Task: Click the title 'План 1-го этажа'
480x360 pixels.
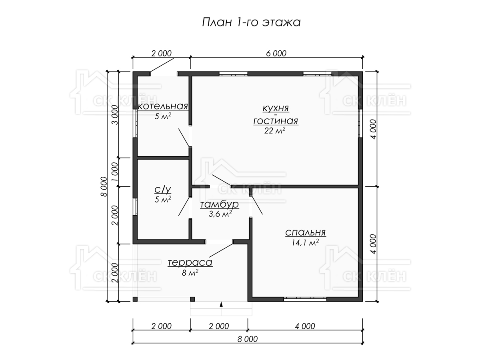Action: tap(251, 22)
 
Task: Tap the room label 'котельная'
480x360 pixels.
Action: tap(163, 106)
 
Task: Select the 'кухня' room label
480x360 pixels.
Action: tap(276, 108)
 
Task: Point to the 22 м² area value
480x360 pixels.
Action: tap(275, 130)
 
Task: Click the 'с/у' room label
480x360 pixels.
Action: tap(163, 190)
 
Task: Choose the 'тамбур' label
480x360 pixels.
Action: tap(219, 204)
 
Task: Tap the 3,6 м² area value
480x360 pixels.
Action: tap(220, 214)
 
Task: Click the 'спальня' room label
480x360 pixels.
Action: tap(306, 232)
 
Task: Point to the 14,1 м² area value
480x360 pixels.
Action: tap(305, 242)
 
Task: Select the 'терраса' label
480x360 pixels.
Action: tap(190, 262)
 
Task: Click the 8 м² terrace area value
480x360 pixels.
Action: tap(190, 272)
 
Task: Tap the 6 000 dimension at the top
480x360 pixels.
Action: tap(276, 53)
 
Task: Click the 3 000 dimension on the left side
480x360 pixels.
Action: tap(115, 115)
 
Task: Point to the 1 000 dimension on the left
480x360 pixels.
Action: tap(115, 172)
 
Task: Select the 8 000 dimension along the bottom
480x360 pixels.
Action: tap(248, 339)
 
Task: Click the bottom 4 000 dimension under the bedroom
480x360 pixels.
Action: tap(305, 326)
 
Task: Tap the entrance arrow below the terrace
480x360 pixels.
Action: tap(221, 304)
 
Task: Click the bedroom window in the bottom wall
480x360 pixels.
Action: tap(305, 299)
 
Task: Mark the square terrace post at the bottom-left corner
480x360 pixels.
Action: tap(135, 299)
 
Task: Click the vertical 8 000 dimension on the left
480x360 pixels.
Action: tap(104, 186)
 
